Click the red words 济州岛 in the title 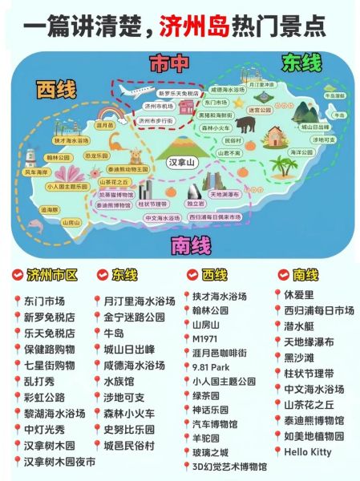click(196, 26)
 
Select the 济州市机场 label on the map click(158, 106)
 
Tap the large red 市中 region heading click(169, 63)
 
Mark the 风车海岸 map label click(35, 172)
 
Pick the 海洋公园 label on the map click(301, 151)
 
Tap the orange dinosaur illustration click(115, 145)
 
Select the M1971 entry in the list click(205, 338)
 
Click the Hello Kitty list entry click(309, 451)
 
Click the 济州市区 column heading click(52, 275)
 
